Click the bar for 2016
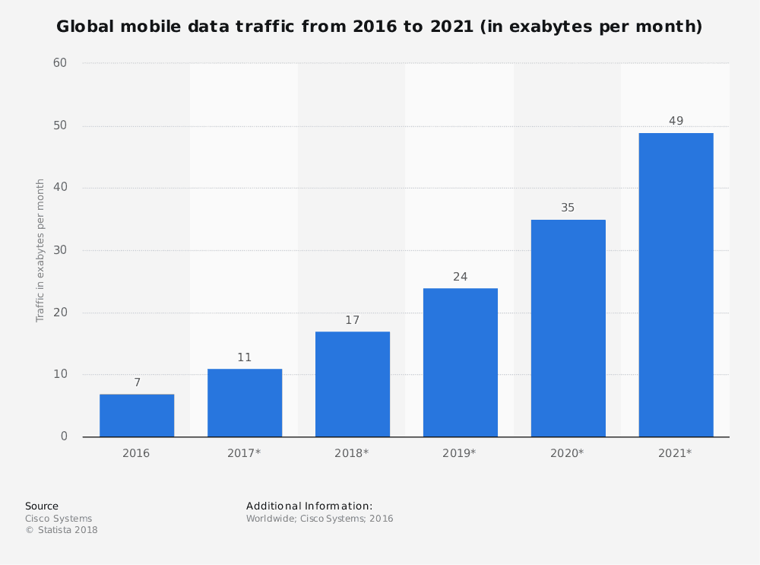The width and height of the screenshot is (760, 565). click(x=137, y=415)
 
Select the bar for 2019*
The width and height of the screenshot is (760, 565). click(x=460, y=363)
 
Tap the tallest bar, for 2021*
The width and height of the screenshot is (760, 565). click(x=676, y=285)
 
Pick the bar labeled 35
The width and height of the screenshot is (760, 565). click(x=568, y=329)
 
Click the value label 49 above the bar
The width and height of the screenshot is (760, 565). click(x=676, y=121)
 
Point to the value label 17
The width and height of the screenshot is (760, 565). click(x=352, y=320)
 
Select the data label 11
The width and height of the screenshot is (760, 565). click(x=244, y=357)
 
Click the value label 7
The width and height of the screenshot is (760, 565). click(x=137, y=382)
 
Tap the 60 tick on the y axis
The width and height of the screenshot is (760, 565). click(x=60, y=63)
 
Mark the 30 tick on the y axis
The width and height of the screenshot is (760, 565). click(x=60, y=250)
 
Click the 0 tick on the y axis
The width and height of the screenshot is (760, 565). click(x=64, y=436)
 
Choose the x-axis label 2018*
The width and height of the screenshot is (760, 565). click(x=351, y=453)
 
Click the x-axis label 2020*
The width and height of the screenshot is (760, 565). click(x=567, y=453)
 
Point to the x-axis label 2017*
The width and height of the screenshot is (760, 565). click(x=244, y=453)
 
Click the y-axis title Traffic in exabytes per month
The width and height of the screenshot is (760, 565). click(x=41, y=250)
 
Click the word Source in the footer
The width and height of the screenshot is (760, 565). click(x=42, y=506)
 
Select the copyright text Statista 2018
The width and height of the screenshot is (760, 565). click(x=67, y=530)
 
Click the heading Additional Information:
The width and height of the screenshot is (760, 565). click(x=309, y=506)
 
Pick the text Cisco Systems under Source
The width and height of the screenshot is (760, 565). click(x=59, y=519)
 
